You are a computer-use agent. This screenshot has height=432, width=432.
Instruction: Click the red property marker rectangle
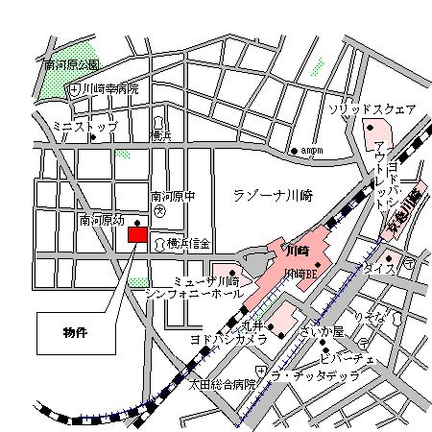click(x=138, y=234)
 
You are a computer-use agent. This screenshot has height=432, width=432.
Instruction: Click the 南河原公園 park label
click(x=72, y=65)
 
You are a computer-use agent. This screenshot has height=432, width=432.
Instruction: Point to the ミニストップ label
click(x=84, y=126)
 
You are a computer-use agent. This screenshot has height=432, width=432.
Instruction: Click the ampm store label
click(x=314, y=150)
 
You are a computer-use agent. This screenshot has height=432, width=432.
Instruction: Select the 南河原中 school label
click(x=173, y=197)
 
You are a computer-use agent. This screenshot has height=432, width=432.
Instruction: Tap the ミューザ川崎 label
click(x=206, y=280)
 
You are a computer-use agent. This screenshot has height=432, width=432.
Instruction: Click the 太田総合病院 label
click(x=223, y=384)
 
